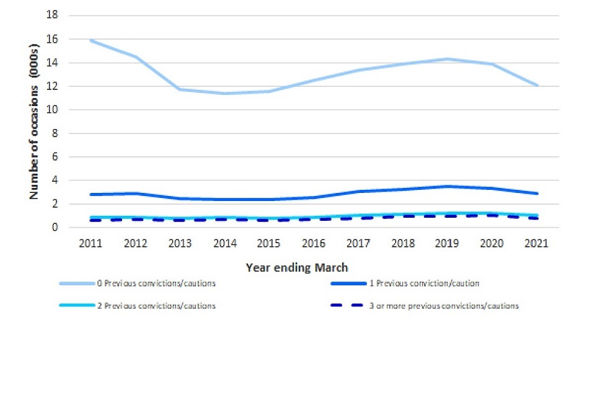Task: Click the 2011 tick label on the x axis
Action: click(x=90, y=243)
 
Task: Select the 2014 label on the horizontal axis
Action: click(x=224, y=243)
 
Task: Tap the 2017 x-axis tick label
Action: click(x=358, y=243)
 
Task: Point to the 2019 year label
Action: click(x=447, y=243)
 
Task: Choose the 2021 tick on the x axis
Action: click(x=536, y=243)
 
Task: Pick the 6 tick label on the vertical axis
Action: click(x=55, y=157)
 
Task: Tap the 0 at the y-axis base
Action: click(x=55, y=228)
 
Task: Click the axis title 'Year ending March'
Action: click(x=297, y=268)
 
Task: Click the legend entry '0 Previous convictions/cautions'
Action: click(x=156, y=284)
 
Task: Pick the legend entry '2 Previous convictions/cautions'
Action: click(x=156, y=306)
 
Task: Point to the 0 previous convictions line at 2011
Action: click(x=90, y=40)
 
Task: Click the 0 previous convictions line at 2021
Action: click(x=536, y=86)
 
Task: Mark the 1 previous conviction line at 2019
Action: click(x=447, y=186)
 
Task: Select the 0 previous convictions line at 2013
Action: click(x=180, y=89)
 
